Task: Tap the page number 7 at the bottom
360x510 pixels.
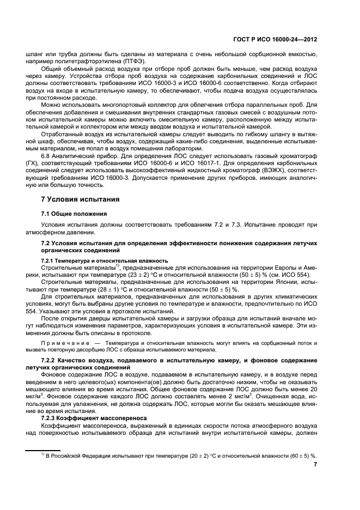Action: (316, 465)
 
